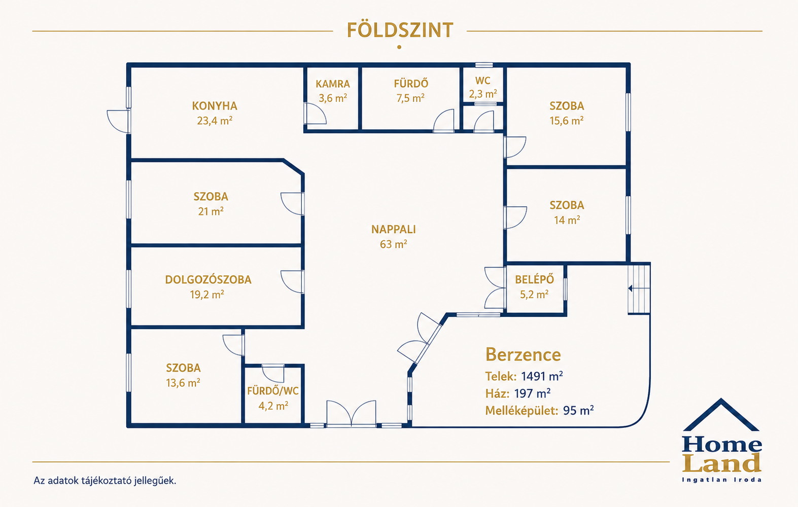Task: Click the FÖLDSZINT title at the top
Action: click(x=400, y=30)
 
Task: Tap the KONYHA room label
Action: click(x=215, y=106)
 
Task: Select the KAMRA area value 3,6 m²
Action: click(x=333, y=98)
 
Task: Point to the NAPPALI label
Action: click(x=393, y=229)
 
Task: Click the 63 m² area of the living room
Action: click(x=393, y=244)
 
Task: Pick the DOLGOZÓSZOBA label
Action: click(x=208, y=279)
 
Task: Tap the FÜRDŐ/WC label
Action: click(x=273, y=391)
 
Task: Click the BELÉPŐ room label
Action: click(x=534, y=279)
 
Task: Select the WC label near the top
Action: click(x=483, y=81)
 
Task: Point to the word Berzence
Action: click(x=523, y=354)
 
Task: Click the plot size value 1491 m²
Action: click(x=542, y=376)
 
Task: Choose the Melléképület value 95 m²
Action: click(x=578, y=411)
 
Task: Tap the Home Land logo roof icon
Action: click(x=721, y=414)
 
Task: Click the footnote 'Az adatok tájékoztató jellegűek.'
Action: click(x=105, y=481)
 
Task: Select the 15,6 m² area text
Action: click(x=567, y=121)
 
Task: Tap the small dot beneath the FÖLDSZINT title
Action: click(x=399, y=47)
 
